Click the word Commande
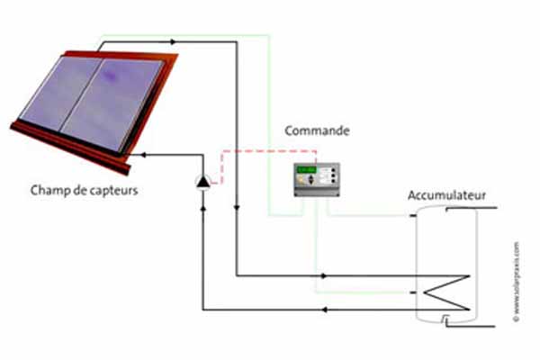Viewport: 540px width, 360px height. tap(318, 131)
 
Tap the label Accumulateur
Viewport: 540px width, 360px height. tap(447, 195)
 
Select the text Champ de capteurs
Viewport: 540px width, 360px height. tap(84, 190)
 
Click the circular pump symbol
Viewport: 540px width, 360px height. tap(203, 183)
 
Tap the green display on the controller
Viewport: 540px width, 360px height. tap(307, 169)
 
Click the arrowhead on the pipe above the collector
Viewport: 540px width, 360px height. tap(173, 41)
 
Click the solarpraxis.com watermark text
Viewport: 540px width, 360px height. tap(517, 278)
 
